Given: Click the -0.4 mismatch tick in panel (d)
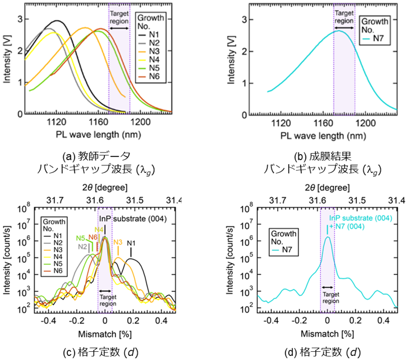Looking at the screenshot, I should (x=271, y=321).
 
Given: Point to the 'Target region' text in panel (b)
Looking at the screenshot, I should (x=344, y=16).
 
